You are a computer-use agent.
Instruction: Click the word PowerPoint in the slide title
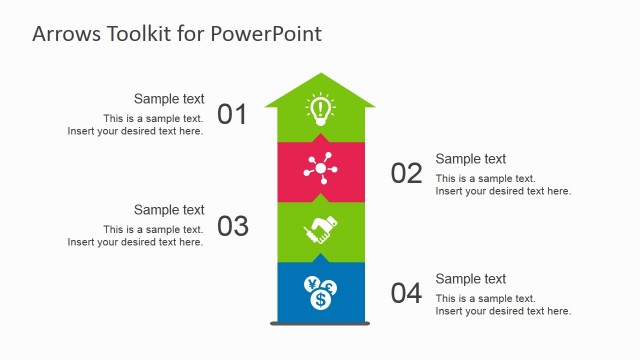tap(266, 33)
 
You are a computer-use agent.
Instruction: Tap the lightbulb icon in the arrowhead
tap(320, 108)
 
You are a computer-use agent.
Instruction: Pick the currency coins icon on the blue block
tap(320, 292)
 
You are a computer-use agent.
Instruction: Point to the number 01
tap(232, 114)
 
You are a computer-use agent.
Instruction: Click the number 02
tap(406, 174)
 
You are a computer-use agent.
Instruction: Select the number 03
tap(232, 226)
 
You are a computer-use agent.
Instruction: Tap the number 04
tap(406, 294)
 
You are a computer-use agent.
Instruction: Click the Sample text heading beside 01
tap(169, 99)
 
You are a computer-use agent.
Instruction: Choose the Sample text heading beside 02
tap(471, 159)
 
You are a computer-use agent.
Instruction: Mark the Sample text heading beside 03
tap(169, 210)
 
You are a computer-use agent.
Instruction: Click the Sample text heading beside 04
tap(471, 279)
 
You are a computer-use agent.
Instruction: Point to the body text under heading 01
tap(137, 125)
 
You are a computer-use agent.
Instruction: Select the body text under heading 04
tap(503, 305)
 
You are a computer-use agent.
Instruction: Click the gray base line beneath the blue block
tap(320, 323)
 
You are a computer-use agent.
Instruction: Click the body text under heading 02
tap(503, 185)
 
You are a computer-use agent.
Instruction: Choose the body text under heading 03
tap(137, 236)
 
